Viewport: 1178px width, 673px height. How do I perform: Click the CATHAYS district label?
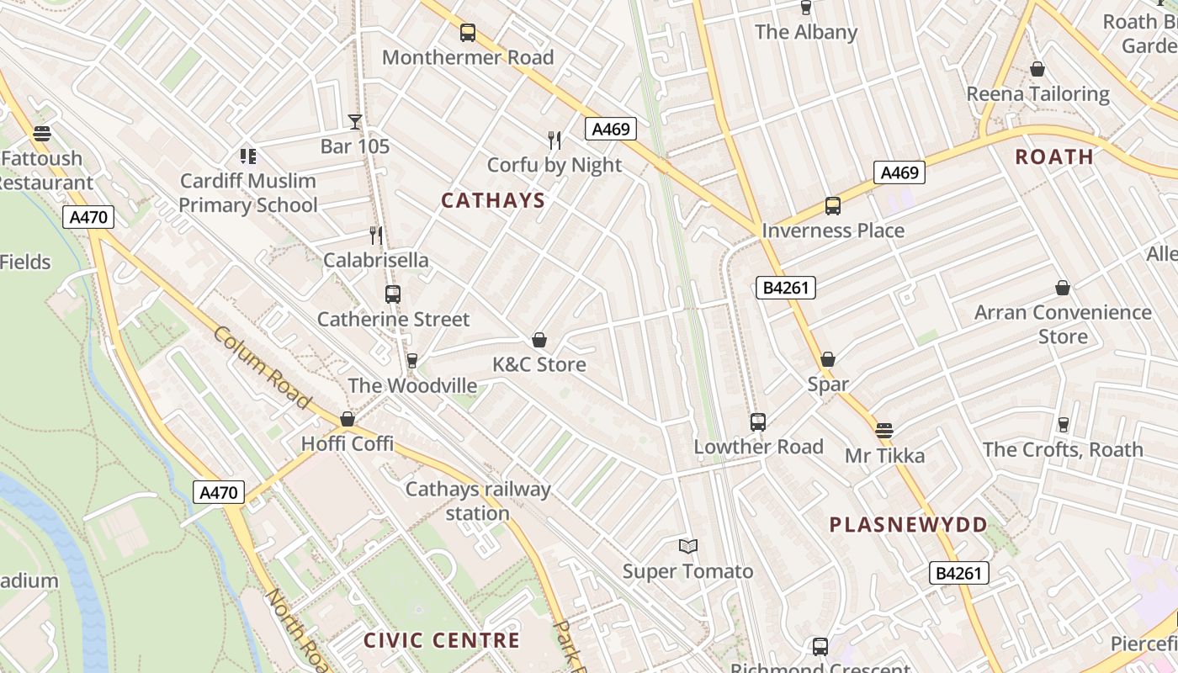[x=493, y=200]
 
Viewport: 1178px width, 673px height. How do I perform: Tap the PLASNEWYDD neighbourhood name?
[x=908, y=525]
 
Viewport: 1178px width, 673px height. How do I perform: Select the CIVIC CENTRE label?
[x=441, y=640]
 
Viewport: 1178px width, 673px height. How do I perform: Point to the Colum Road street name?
[x=262, y=368]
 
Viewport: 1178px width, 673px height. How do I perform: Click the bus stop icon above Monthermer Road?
[x=468, y=33]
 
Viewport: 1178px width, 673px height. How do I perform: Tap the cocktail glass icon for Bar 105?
[x=355, y=122]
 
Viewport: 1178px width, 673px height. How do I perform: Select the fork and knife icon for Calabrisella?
[x=376, y=236]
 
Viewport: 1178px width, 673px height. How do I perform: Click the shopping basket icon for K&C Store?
[x=539, y=340]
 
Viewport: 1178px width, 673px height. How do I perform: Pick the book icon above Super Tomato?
[x=688, y=547]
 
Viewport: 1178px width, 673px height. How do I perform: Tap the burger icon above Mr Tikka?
[x=883, y=431]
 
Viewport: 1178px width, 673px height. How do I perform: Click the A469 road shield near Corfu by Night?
[x=610, y=129]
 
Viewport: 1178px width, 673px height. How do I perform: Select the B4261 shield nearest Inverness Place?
[x=785, y=288]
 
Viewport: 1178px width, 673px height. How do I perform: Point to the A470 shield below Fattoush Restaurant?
[x=88, y=218]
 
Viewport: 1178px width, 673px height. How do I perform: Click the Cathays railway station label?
[x=478, y=501]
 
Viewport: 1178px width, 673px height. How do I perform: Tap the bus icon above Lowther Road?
[x=758, y=421]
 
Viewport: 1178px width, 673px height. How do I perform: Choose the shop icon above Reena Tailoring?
[x=1037, y=69]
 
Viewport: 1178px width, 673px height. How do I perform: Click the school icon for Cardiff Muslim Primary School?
[x=247, y=156]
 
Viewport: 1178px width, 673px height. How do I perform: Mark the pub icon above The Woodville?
[x=412, y=361]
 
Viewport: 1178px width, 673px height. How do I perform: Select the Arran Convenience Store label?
[x=1063, y=324]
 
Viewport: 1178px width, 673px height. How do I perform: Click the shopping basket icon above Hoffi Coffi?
[x=348, y=419]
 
